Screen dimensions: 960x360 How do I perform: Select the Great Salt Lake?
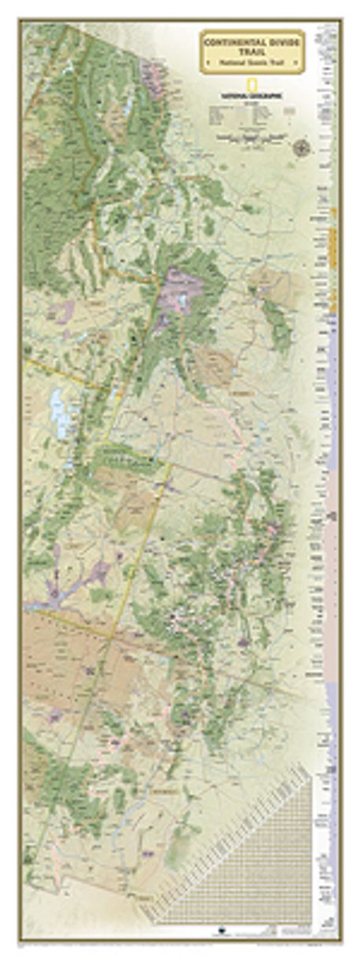pos(60,410)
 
